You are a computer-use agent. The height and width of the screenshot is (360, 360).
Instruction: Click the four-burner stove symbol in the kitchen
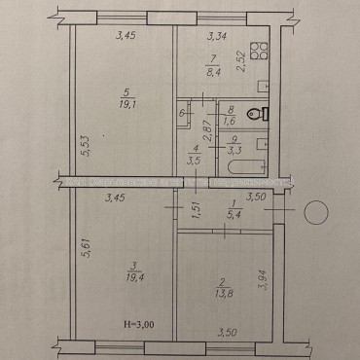(x=257, y=50)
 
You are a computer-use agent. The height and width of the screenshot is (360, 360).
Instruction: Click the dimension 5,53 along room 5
(x=84, y=148)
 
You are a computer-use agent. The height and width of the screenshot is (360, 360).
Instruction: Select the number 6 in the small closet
(x=182, y=114)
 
